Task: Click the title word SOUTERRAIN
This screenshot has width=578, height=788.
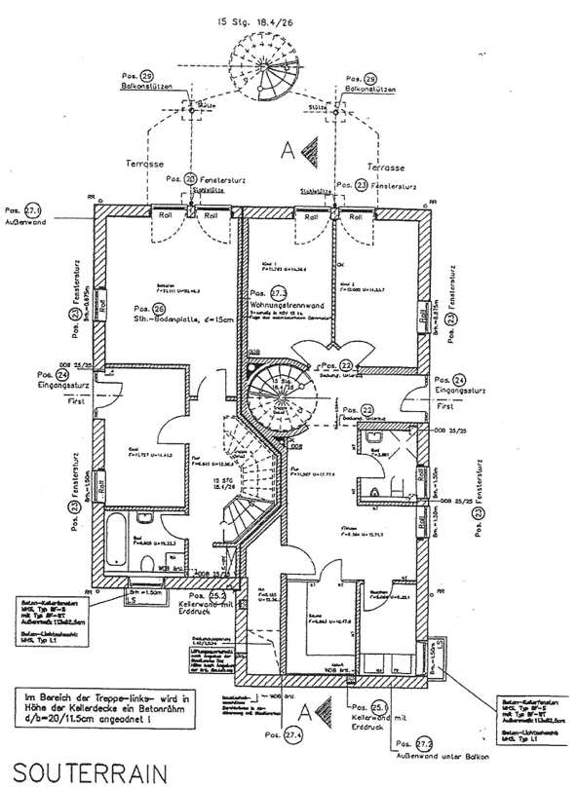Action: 81,769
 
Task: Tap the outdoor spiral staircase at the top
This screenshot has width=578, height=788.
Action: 265,64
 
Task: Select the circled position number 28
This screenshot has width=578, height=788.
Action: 146,76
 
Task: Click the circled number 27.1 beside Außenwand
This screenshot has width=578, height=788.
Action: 33,210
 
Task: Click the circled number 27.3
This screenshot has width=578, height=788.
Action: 279,294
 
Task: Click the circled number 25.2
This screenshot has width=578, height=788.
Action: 218,595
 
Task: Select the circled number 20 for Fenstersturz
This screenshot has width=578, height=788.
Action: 191,179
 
